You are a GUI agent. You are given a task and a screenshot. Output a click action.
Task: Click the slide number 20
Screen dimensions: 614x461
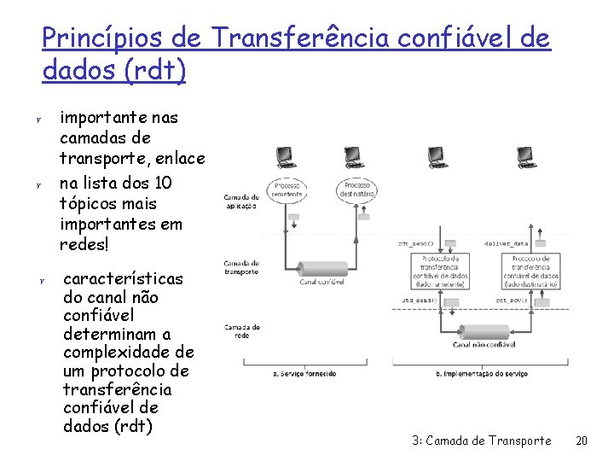click(582, 441)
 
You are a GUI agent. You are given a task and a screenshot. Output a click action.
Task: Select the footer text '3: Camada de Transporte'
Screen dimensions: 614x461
click(481, 441)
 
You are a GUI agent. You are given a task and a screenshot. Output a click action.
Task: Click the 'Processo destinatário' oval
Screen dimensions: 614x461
click(362, 190)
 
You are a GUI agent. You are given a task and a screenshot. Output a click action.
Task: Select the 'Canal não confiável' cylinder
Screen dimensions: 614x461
click(484, 332)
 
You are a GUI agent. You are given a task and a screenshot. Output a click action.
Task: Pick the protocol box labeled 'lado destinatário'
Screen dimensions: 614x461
click(530, 271)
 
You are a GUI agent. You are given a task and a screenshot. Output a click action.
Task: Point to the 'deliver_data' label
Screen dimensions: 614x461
click(507, 243)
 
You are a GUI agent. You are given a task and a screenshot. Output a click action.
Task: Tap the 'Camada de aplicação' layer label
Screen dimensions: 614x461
click(241, 201)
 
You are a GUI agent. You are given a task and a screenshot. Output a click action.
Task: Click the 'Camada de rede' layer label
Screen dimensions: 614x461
click(241, 330)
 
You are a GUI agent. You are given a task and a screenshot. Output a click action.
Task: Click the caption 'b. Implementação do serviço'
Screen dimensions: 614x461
click(483, 373)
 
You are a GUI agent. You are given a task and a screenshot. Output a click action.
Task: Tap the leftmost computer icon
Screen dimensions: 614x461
click(285, 157)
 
